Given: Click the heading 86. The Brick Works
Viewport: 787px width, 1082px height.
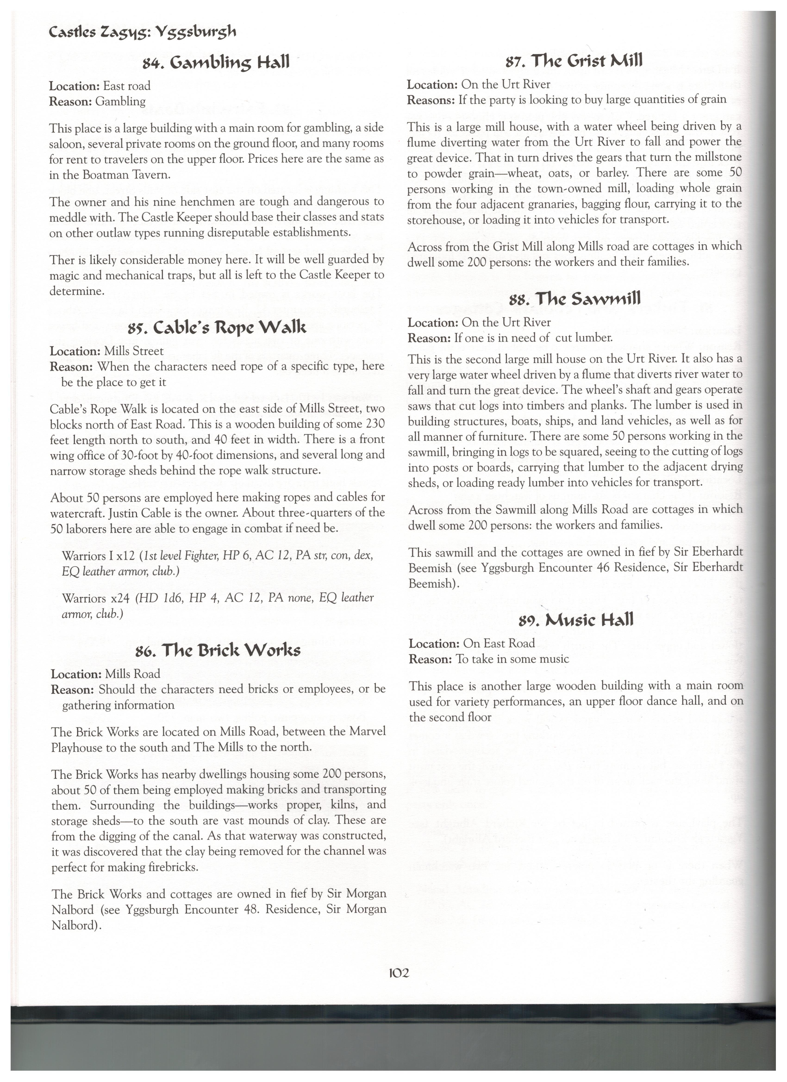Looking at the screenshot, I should pyautogui.click(x=218, y=650).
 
